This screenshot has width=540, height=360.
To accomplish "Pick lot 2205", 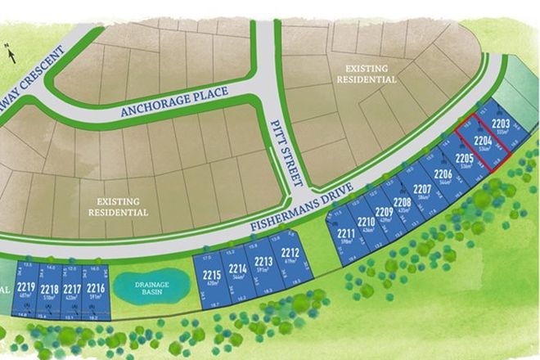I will coord(464,160).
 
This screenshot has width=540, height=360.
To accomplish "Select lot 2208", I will coord(402,205).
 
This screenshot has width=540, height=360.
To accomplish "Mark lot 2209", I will coord(384,215).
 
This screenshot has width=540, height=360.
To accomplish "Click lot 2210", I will coord(366,225).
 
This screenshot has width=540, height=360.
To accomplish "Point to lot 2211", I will coord(345,237).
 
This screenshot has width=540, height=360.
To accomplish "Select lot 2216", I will coord(96,290).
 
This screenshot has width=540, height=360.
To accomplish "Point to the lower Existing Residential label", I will coord(119,207).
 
